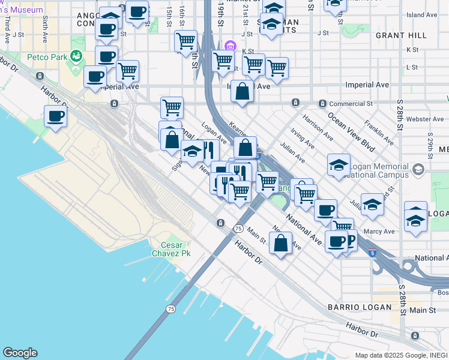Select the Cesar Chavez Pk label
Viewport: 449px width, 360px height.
(175, 249)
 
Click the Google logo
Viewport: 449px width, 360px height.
(20, 353)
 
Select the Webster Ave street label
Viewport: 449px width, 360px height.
(424, 119)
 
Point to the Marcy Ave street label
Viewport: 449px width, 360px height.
(379, 232)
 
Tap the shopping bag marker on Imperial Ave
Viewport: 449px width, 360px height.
(242, 92)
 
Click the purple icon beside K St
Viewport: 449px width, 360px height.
(229, 46)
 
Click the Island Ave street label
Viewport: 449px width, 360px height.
(418, 14)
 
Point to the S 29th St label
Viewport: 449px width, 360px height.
(430, 144)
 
